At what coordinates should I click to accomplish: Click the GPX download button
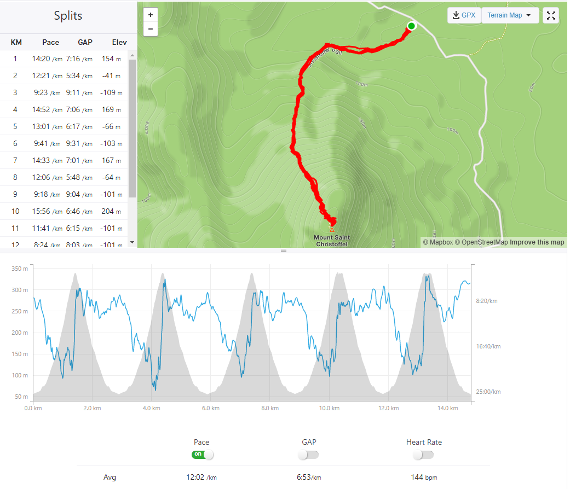tap(464, 15)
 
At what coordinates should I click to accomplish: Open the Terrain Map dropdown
tap(509, 15)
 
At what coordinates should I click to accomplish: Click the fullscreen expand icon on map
tap(551, 15)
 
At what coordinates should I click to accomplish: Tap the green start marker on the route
tap(412, 26)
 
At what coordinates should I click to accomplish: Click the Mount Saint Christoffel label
tap(332, 241)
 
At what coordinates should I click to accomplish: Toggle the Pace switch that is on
tap(202, 455)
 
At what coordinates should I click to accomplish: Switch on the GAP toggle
tap(308, 455)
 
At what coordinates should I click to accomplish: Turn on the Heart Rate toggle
tap(423, 455)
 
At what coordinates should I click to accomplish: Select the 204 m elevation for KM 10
tap(112, 211)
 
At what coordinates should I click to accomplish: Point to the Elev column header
tap(119, 42)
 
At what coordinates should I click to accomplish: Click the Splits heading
tap(68, 15)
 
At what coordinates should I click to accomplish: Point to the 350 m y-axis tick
tap(19, 269)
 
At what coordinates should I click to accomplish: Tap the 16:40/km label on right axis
tap(487, 346)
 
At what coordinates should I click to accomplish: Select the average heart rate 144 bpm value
tap(423, 477)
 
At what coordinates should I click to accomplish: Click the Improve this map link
tap(537, 242)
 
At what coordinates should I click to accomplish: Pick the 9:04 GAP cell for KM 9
tap(78, 194)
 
